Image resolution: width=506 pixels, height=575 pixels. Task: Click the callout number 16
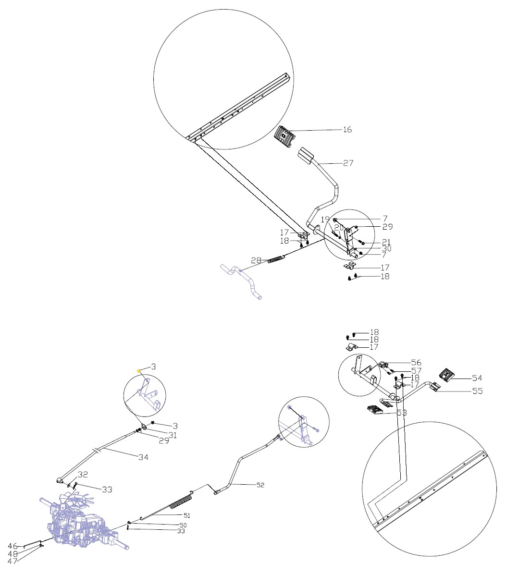(x=347, y=130)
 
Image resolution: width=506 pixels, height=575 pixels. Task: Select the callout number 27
(x=348, y=163)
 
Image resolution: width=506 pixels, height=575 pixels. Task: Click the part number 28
(x=256, y=260)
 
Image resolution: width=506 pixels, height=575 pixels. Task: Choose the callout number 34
(x=143, y=457)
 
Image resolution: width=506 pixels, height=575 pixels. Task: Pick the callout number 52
(x=260, y=485)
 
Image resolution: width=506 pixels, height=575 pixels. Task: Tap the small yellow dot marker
(x=139, y=371)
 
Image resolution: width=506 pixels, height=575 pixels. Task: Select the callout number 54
(x=477, y=378)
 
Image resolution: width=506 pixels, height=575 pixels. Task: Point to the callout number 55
(x=477, y=391)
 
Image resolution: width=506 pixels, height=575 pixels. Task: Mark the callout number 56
(x=416, y=362)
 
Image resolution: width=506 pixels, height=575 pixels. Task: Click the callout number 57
(x=416, y=371)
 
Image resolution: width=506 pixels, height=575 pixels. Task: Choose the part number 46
(x=13, y=546)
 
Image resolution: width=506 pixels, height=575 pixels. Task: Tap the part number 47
(x=13, y=561)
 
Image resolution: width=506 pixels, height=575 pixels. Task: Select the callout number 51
(x=186, y=515)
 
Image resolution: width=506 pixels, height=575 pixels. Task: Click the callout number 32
(x=83, y=475)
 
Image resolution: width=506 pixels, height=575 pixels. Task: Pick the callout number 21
(x=386, y=242)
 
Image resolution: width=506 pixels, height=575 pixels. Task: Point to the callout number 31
(x=172, y=435)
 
